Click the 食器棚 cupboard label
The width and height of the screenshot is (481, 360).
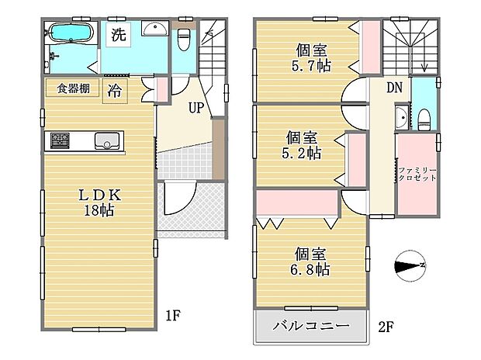coord(71,88)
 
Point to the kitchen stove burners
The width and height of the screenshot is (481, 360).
coord(60,140)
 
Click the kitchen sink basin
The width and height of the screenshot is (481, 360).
coord(106,140)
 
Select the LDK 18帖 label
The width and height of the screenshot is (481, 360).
coord(95,203)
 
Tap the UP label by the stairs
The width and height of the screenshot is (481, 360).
coord(195,108)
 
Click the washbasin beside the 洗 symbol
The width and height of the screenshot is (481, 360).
coord(156,29)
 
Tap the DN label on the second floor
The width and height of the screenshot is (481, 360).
coord(394,88)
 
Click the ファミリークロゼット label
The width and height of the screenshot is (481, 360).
coord(418,173)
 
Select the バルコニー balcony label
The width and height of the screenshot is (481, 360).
coord(309,327)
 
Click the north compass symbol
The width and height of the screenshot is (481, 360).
coord(410,267)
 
